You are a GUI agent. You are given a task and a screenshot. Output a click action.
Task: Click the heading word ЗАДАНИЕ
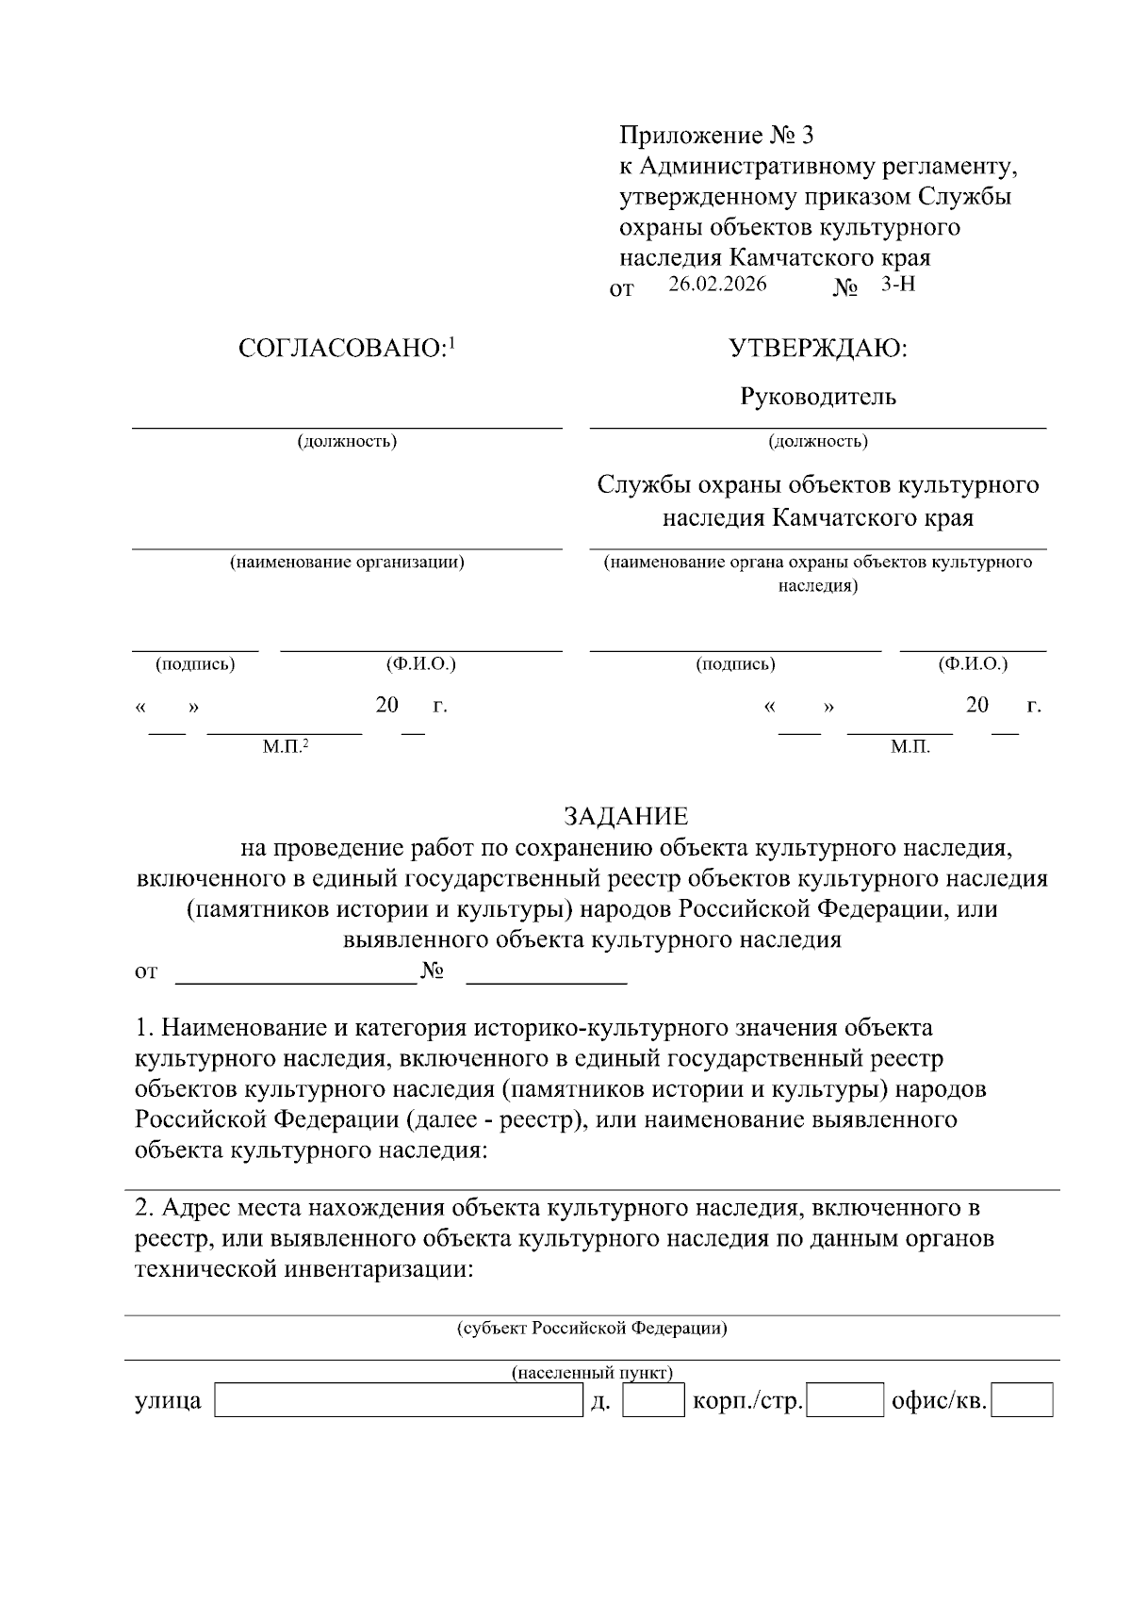(626, 816)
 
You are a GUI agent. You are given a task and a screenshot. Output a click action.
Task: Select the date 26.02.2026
(717, 284)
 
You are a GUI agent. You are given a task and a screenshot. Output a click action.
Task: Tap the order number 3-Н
(897, 284)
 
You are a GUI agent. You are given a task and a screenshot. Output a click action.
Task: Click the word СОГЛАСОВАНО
(341, 349)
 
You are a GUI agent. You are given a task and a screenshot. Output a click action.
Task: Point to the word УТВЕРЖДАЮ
(817, 349)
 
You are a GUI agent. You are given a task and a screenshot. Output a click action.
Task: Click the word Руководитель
(817, 397)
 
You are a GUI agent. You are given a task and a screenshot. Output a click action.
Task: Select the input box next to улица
(399, 1400)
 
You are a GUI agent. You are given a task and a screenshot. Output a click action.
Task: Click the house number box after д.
(654, 1400)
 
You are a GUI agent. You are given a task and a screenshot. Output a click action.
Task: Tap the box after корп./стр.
(845, 1400)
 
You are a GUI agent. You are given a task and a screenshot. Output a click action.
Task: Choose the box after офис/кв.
(1023, 1400)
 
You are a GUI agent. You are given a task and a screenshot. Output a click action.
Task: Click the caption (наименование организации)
(347, 563)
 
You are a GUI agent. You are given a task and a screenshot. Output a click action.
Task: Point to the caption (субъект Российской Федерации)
(592, 1329)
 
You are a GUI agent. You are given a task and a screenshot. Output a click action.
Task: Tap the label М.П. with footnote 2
(285, 747)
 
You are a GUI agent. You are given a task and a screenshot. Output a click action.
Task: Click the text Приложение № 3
(716, 135)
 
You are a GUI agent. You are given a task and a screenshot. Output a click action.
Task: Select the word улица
(168, 1401)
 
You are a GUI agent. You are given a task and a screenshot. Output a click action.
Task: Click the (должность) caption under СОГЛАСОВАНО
(347, 441)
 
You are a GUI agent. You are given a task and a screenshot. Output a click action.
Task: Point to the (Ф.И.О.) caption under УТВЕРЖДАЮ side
(973, 664)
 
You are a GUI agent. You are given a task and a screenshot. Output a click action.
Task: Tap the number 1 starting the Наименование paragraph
(142, 1027)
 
